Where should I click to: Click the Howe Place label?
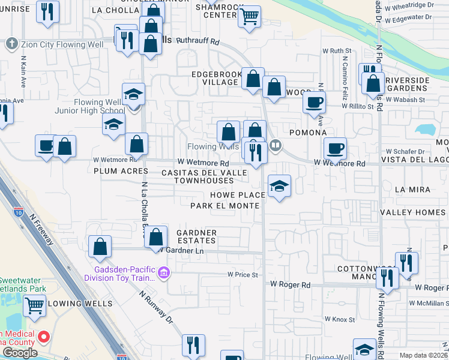tap(238, 195)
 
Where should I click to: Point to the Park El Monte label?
tap(224, 206)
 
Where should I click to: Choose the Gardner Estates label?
tap(196, 236)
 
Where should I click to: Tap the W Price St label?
tap(242, 275)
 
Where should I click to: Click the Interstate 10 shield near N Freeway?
tap(18, 211)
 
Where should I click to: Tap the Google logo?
tap(20, 352)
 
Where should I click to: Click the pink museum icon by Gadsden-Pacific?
tap(164, 274)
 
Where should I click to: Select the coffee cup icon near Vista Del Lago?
tap(335, 147)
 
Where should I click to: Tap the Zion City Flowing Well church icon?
tap(11, 44)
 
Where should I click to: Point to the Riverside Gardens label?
tap(408, 84)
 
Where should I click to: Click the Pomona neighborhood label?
tap(307, 133)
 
